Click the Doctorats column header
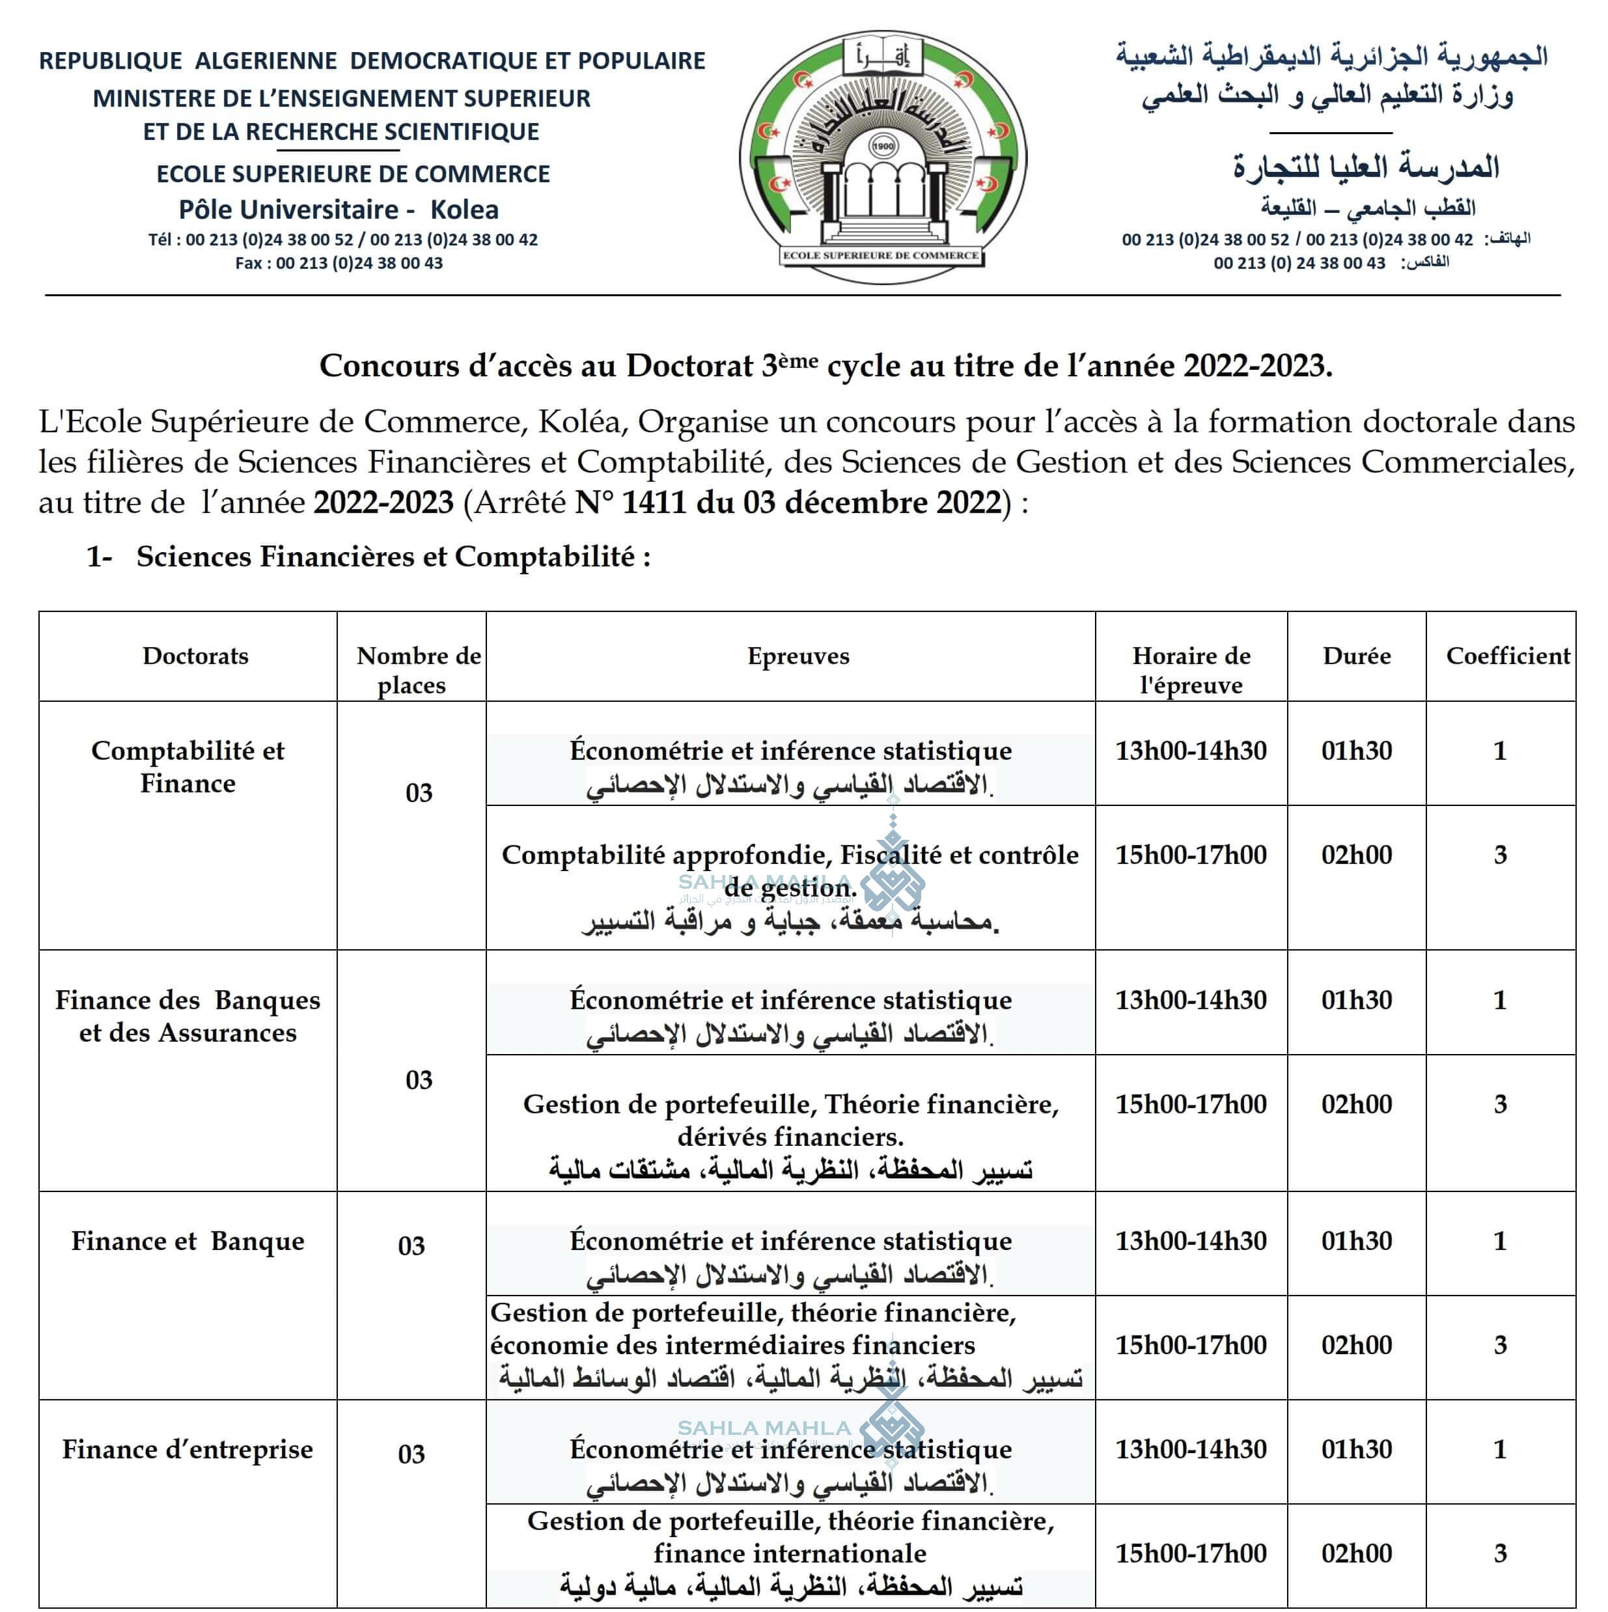tap(195, 656)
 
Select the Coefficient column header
tap(1508, 656)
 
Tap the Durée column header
tap(1356, 656)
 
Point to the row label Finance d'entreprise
tap(187, 1449)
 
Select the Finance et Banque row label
tap(187, 1241)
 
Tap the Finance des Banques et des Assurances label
tap(187, 1016)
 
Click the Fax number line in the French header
tap(339, 264)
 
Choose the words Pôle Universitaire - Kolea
tap(339, 210)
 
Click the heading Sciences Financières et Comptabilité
tap(393, 557)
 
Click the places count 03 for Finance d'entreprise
tap(411, 1454)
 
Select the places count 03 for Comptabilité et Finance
tap(419, 792)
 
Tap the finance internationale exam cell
tap(790, 1553)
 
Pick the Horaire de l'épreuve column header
tap(1191, 670)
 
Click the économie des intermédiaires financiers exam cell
tap(790, 1345)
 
